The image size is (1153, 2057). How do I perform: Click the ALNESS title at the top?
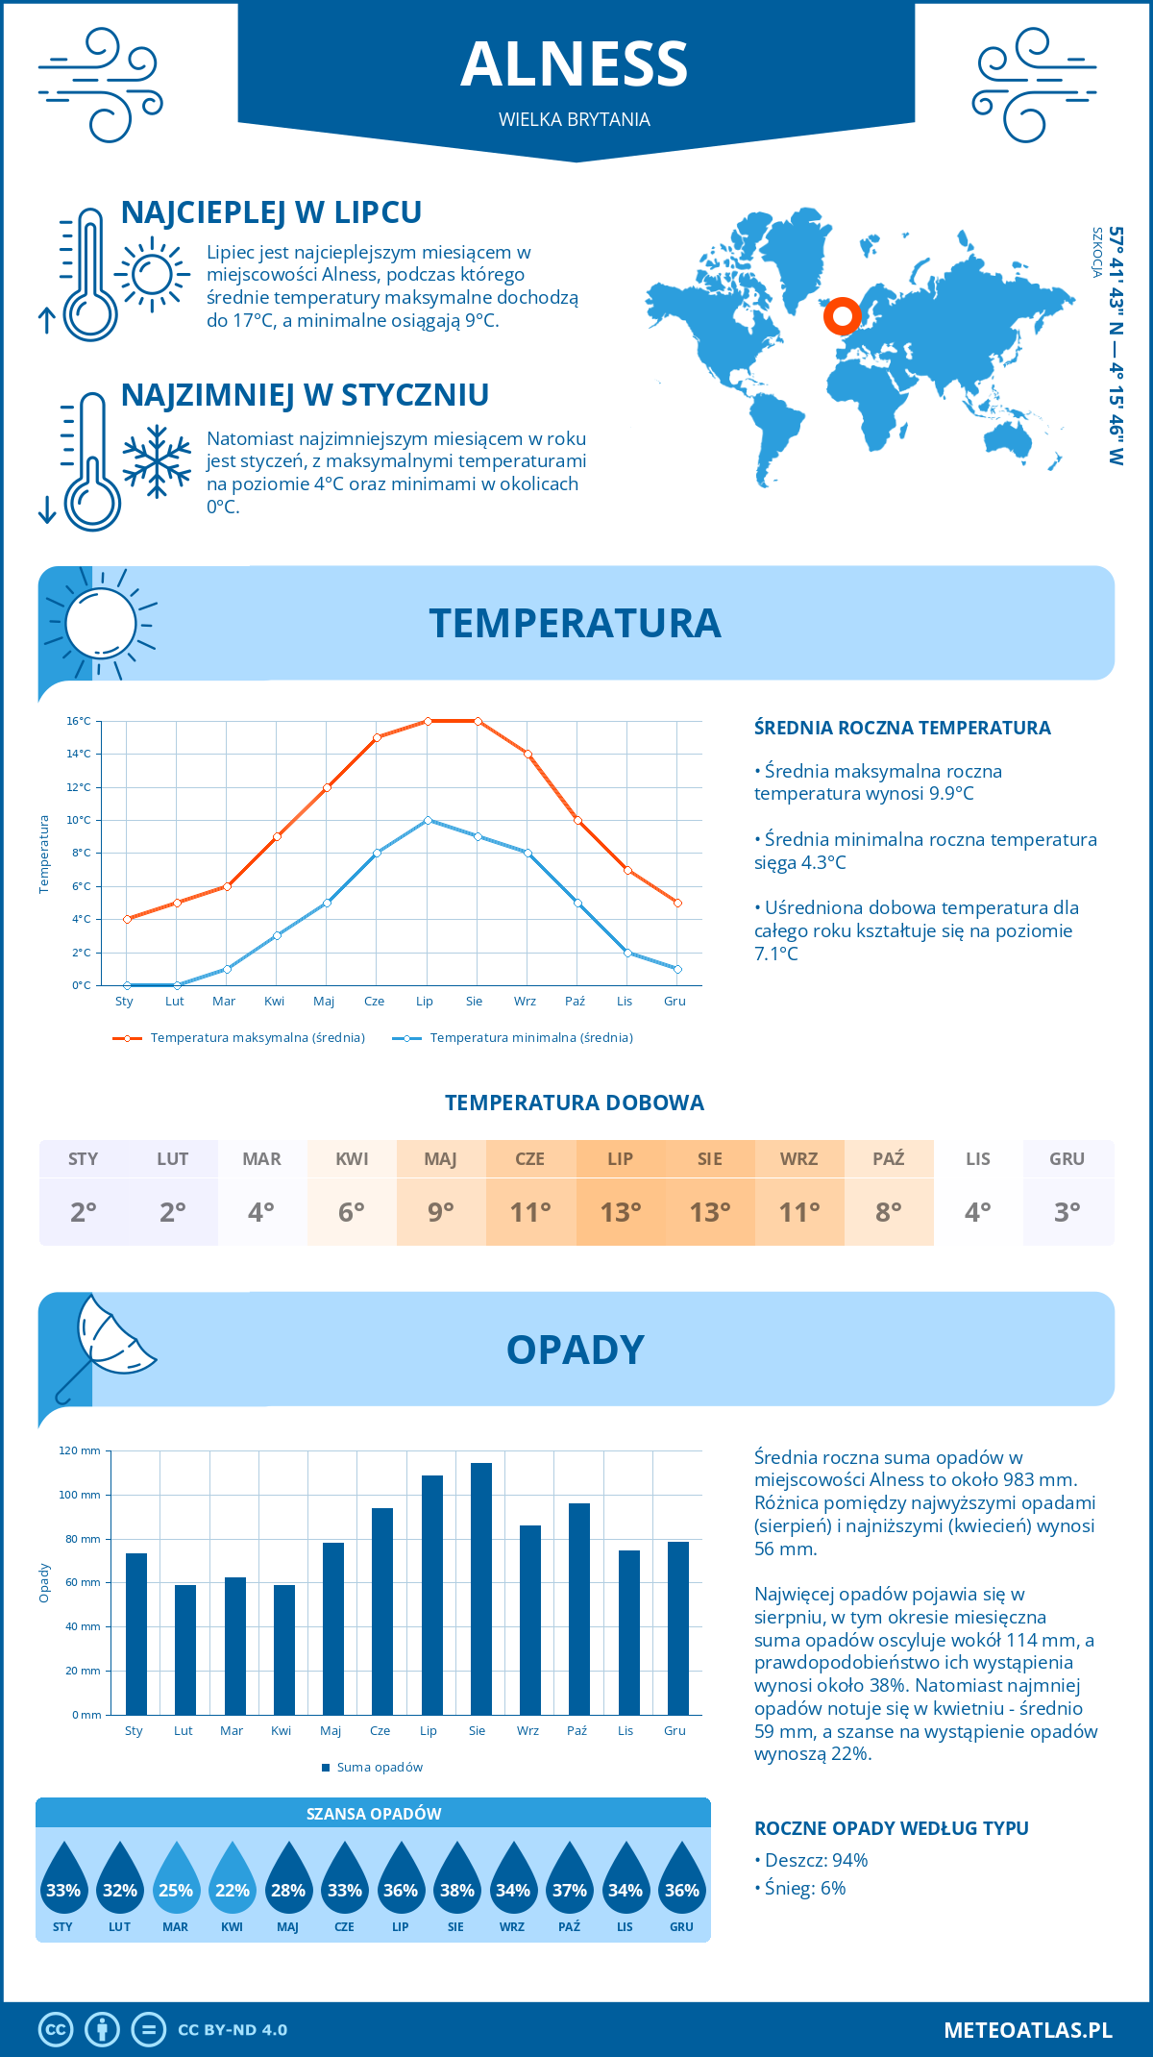coord(575,64)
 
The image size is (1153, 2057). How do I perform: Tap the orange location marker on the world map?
coord(843,315)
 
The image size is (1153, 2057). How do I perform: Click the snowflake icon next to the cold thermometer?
coord(157,461)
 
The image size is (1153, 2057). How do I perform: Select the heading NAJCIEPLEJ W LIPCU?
coord(271,212)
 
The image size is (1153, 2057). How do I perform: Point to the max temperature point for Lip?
coord(428,721)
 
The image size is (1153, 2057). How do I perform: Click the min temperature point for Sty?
coord(127,985)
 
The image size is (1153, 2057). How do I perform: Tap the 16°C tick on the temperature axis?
coord(79,721)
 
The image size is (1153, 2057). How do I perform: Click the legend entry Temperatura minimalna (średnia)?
coord(530,1038)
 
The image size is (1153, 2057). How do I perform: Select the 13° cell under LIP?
coord(620,1212)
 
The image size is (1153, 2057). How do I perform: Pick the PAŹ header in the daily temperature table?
coord(888,1159)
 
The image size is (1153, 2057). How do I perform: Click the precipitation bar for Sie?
coord(481,1588)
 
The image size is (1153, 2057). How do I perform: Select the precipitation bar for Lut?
coord(185,1648)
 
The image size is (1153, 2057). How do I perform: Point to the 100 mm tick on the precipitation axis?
coord(80,1495)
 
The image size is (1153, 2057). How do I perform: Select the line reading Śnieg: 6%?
coord(805,1888)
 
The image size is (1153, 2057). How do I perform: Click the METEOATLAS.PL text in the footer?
coord(1027,2030)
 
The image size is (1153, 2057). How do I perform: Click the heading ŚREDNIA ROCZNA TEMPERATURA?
coord(902,728)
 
